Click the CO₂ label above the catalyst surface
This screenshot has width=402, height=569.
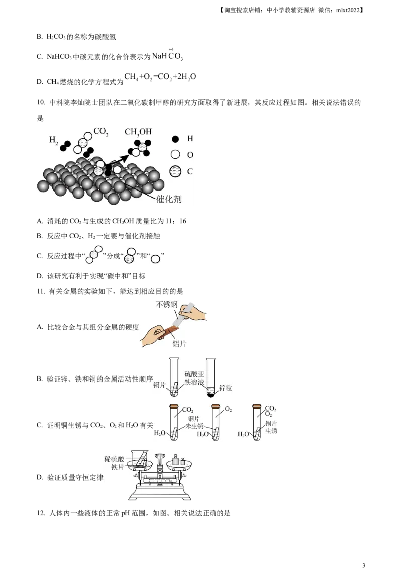pyautogui.click(x=100, y=132)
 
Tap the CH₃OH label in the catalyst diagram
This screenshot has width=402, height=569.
pyautogui.click(x=138, y=132)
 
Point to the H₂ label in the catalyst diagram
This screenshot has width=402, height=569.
pyautogui.click(x=53, y=140)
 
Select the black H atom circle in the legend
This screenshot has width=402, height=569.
pyautogui.click(x=175, y=139)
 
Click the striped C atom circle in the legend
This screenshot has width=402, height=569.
pyautogui.click(x=175, y=171)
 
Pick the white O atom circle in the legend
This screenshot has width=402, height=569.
pyautogui.click(x=175, y=155)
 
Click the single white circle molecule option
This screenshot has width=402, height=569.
pyautogui.click(x=156, y=259)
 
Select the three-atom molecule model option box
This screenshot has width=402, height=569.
pyautogui.click(x=129, y=255)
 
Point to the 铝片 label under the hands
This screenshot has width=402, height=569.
pyautogui.click(x=180, y=343)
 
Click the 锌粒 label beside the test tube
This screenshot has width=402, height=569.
pyautogui.click(x=223, y=388)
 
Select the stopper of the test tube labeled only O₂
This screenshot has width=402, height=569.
pyautogui.click(x=216, y=406)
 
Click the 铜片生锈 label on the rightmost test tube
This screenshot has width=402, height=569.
pyautogui.click(x=271, y=427)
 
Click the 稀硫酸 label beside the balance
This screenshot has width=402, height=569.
pyautogui.click(x=113, y=459)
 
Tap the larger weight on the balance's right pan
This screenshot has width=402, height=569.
pyautogui.click(x=175, y=460)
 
